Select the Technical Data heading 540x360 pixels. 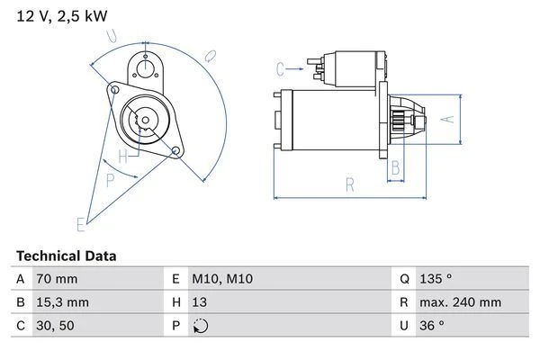click(66, 256)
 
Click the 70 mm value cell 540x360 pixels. click(56, 280)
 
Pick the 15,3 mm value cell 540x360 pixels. click(62, 303)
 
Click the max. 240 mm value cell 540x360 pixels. click(462, 303)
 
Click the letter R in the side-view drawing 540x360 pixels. click(349, 185)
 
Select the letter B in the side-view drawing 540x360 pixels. click(394, 166)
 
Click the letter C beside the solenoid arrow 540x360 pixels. click(281, 67)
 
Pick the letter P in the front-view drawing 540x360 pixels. click(111, 179)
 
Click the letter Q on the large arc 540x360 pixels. click(209, 56)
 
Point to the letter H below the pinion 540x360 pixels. click(134, 153)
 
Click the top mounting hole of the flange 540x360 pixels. click(144, 62)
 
